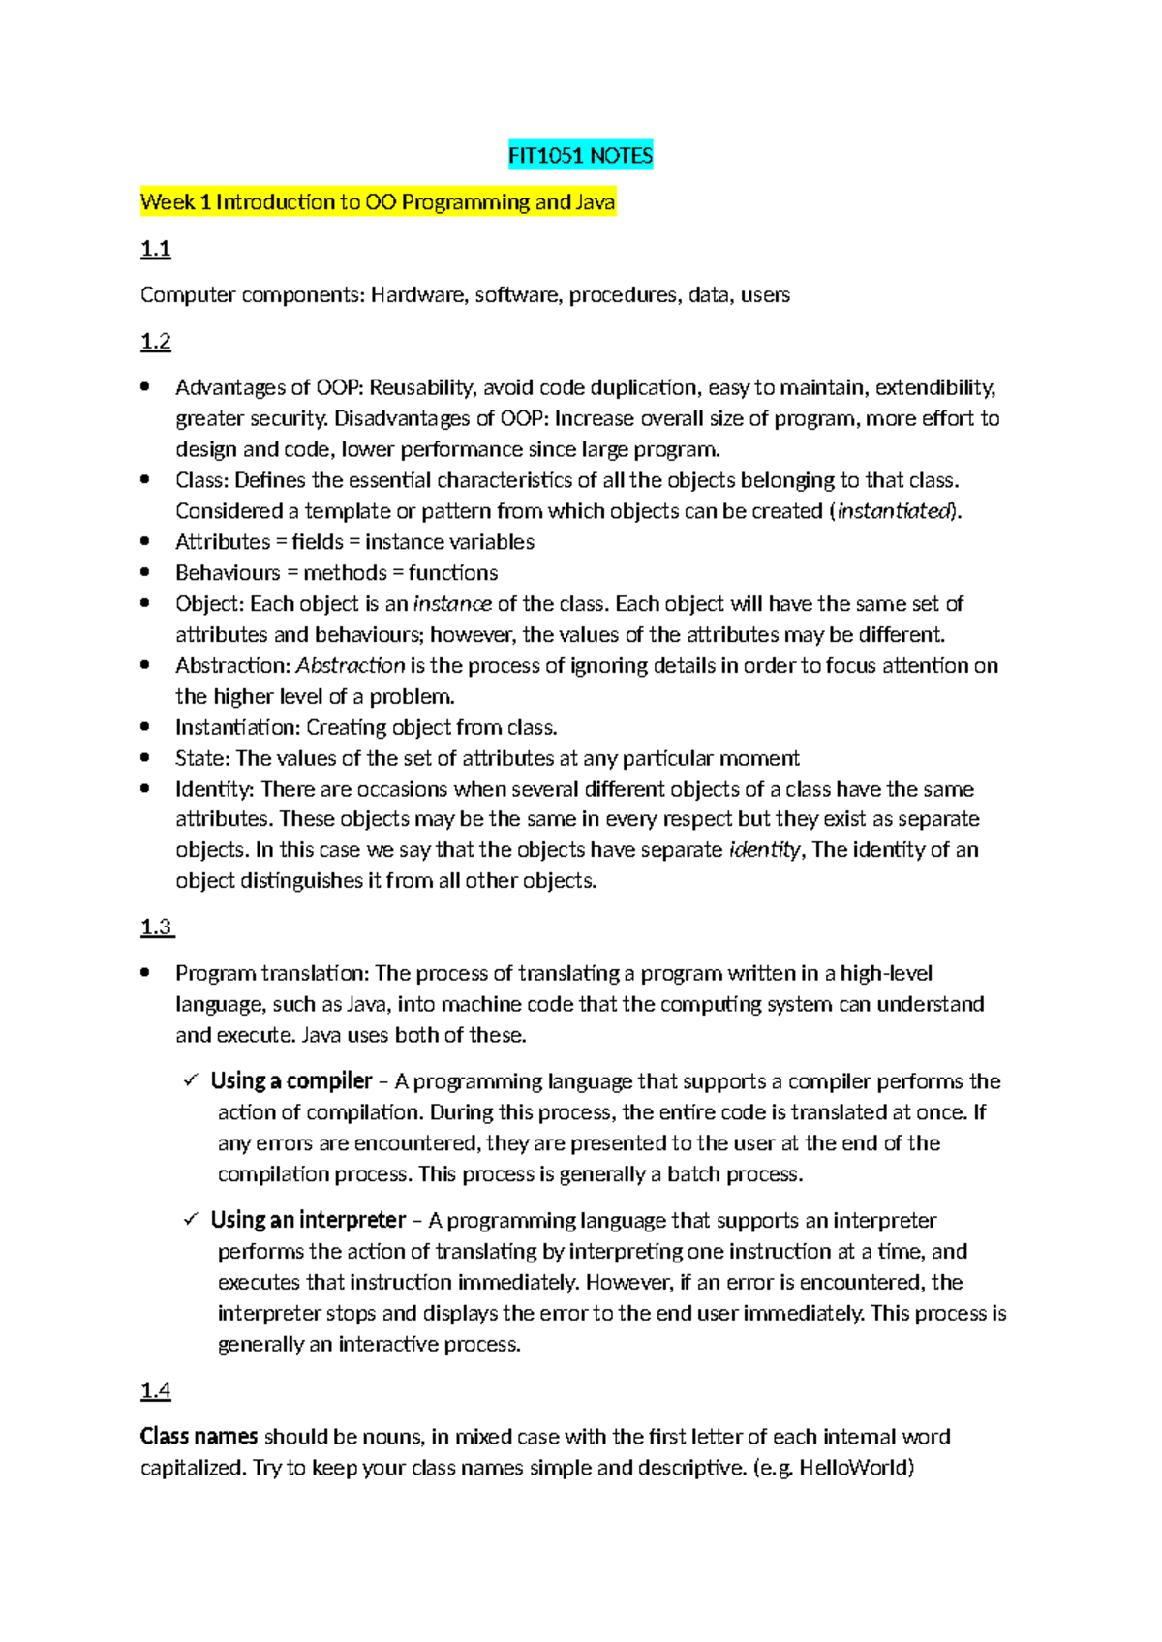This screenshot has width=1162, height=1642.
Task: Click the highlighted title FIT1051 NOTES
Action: [x=580, y=156]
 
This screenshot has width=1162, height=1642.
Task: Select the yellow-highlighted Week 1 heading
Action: [x=378, y=202]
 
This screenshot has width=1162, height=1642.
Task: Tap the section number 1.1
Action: [x=155, y=249]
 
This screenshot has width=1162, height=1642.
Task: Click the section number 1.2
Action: [x=155, y=342]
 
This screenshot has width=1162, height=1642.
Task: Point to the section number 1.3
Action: [x=156, y=927]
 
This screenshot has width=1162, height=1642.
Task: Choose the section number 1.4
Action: [x=155, y=1391]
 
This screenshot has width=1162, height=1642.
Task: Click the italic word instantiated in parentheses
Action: [x=895, y=511]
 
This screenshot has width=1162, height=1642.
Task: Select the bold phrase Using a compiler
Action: [x=291, y=1081]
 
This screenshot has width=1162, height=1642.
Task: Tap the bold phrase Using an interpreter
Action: [x=308, y=1221]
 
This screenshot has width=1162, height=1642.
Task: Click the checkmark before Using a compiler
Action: [x=191, y=1080]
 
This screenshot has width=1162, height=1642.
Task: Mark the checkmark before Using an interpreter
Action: [x=191, y=1220]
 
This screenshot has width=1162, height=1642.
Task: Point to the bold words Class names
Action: [x=199, y=1437]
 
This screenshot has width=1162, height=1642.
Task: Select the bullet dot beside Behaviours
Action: [x=145, y=572]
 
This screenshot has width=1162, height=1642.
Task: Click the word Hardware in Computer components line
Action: [x=418, y=295]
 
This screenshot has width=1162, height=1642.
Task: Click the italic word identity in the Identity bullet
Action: [x=764, y=850]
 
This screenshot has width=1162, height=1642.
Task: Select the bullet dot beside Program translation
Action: [x=145, y=973]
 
